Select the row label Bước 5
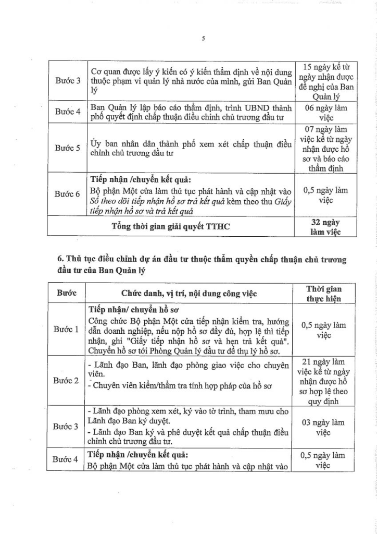68,148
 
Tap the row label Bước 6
68,194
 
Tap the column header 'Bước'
67,294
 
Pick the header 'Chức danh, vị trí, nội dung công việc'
190,294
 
